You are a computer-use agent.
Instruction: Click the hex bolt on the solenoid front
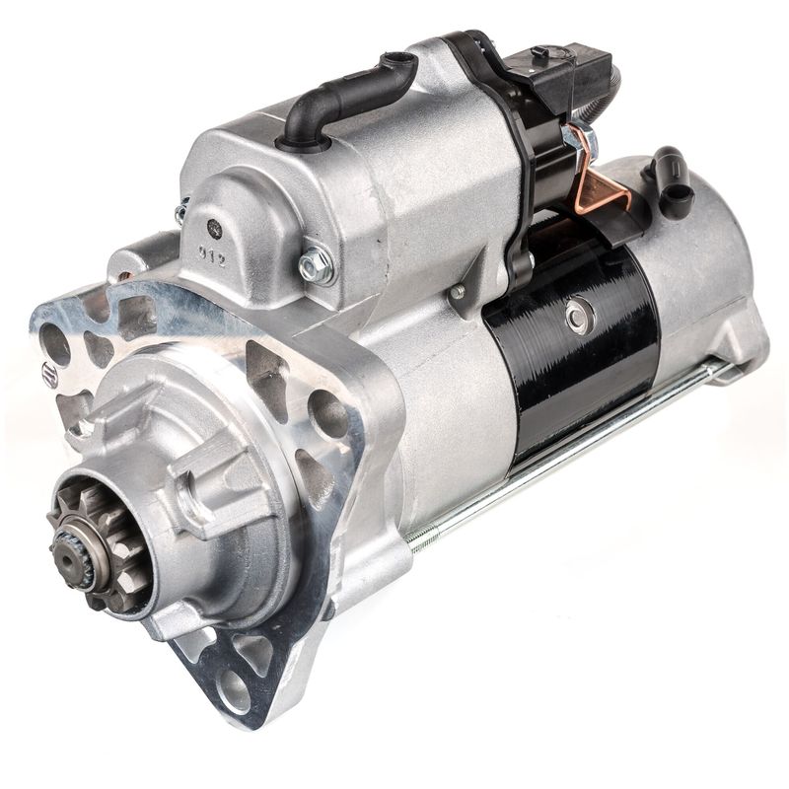tap(315, 263)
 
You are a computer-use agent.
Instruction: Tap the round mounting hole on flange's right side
tap(327, 414)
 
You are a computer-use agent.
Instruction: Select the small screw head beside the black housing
tap(456, 292)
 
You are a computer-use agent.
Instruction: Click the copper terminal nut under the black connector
tap(570, 138)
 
